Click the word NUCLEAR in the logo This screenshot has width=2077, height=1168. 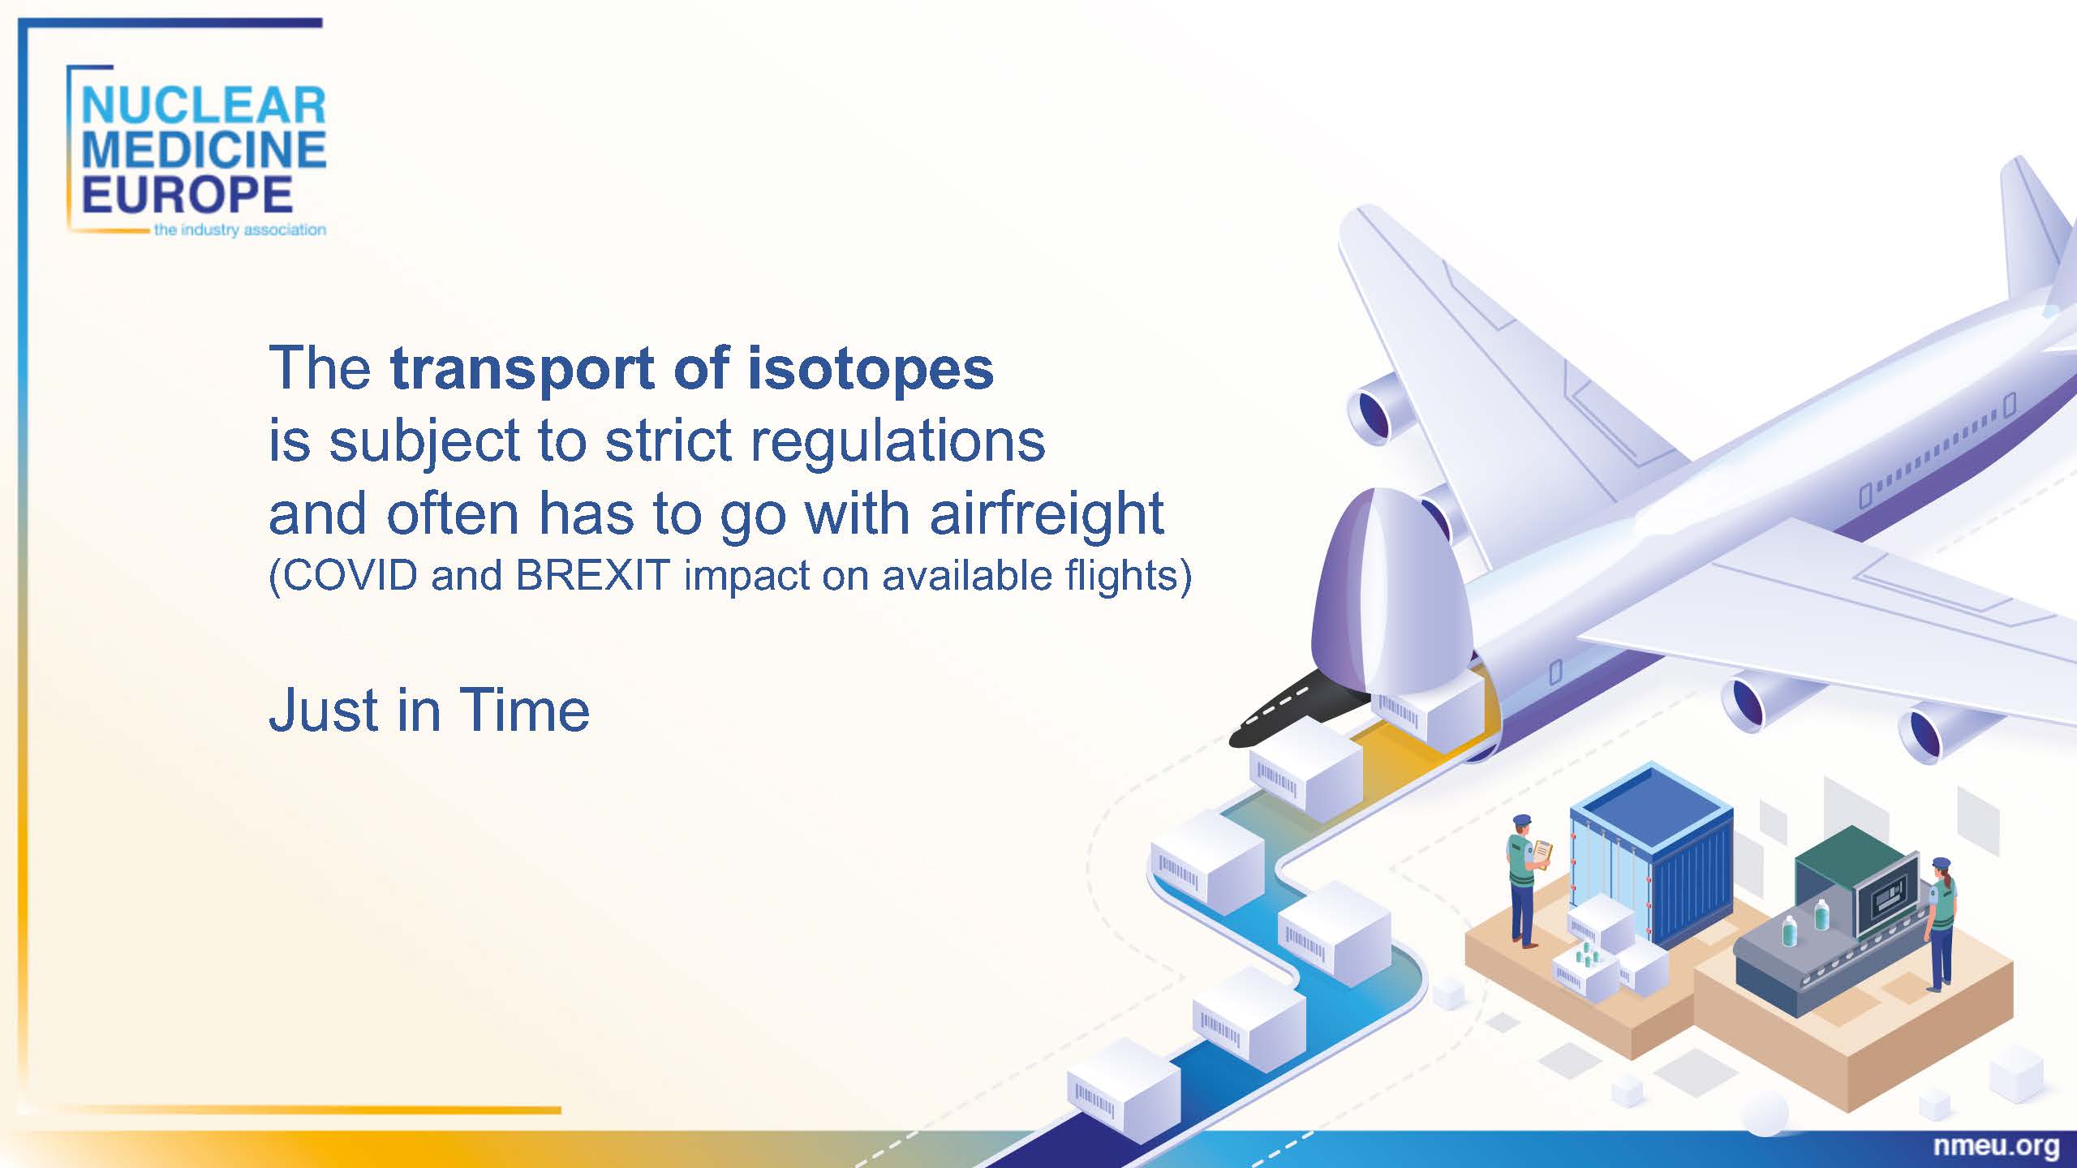[204, 106]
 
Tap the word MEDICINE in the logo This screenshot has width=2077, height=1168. [204, 150]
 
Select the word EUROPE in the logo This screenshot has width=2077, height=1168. [187, 195]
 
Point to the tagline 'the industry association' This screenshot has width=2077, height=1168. [240, 230]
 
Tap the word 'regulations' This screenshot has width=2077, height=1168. [898, 443]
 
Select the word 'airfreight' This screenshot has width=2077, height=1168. [1047, 515]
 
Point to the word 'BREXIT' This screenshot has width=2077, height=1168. [592, 575]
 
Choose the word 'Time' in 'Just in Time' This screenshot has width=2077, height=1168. [524, 711]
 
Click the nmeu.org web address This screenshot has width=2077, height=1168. [1996, 1146]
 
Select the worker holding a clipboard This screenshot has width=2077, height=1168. [1525, 880]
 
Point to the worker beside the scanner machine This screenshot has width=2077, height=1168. [1941, 924]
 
